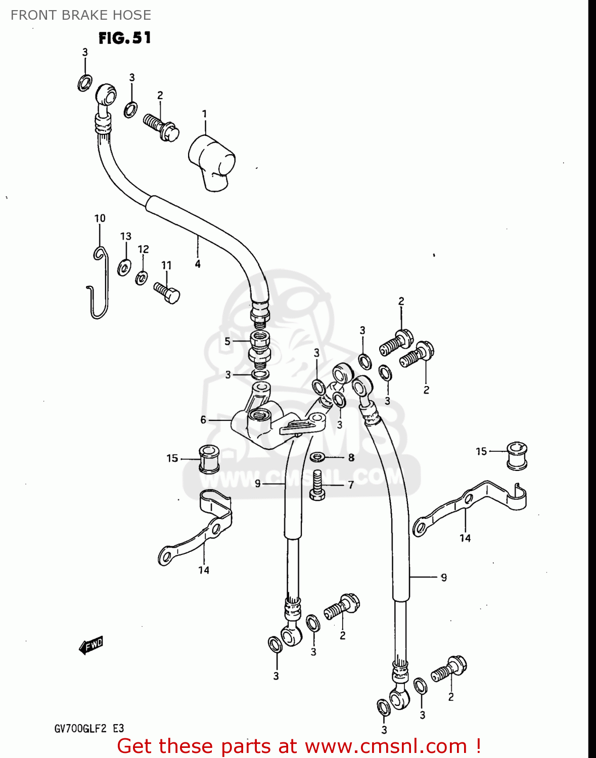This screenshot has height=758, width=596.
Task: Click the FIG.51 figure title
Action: (124, 38)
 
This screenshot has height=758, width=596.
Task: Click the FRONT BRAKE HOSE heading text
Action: (81, 15)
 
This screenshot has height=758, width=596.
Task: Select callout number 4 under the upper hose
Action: (198, 264)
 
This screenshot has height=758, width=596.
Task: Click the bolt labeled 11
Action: (167, 293)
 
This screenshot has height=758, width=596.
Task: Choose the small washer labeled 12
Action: (142, 277)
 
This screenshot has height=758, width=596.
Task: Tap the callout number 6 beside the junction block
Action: (203, 419)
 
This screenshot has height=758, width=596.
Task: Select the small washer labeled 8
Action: (317, 457)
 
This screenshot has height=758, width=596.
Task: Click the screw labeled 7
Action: (317, 485)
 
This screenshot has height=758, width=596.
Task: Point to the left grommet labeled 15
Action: (208, 459)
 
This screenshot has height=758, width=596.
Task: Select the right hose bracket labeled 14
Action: (470, 505)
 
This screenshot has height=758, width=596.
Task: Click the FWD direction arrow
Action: (91, 645)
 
